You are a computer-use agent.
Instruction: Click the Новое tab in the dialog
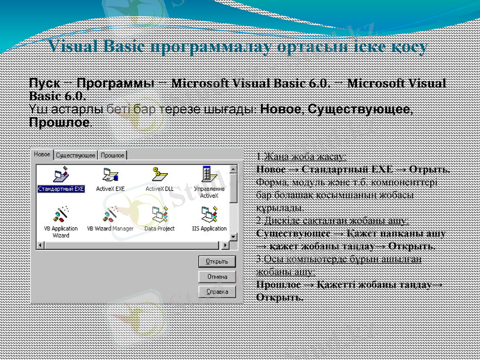[42, 155]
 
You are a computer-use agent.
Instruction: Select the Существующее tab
[76, 155]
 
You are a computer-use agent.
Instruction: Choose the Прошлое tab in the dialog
[113, 155]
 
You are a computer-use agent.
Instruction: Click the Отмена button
[217, 277]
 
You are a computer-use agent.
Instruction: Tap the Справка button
[217, 292]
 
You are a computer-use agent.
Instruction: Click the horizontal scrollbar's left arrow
[41, 246]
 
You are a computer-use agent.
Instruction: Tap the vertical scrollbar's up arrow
[233, 168]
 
